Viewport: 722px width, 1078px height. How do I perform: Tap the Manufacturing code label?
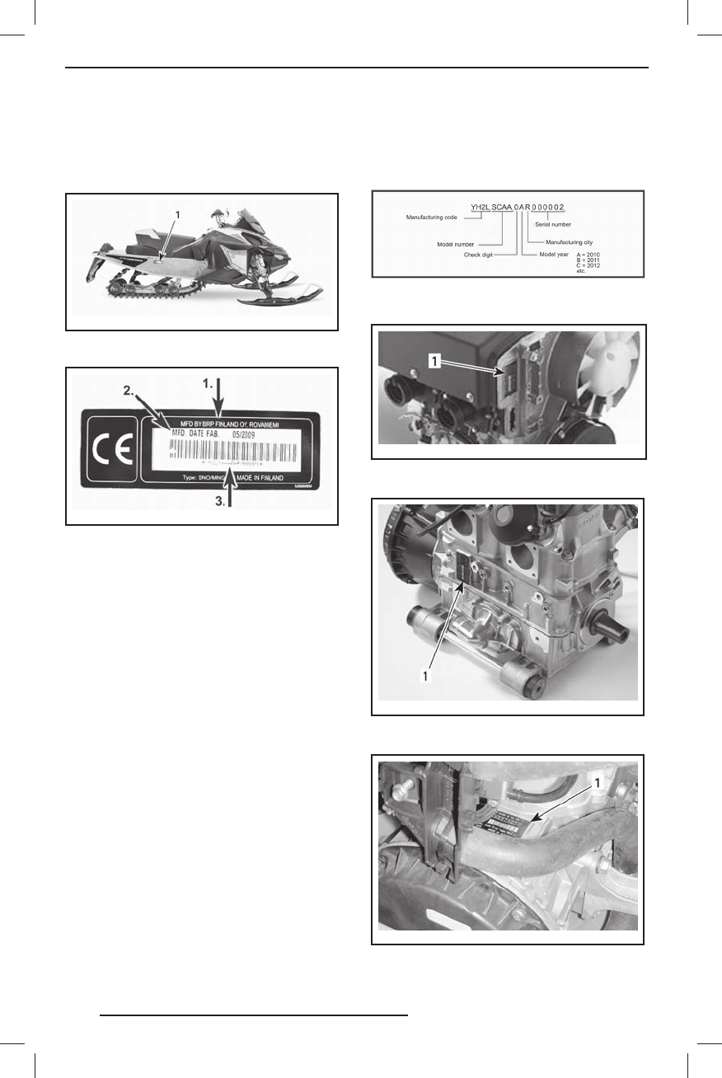(x=433, y=218)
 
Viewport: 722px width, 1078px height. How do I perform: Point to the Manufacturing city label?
(x=576, y=242)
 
